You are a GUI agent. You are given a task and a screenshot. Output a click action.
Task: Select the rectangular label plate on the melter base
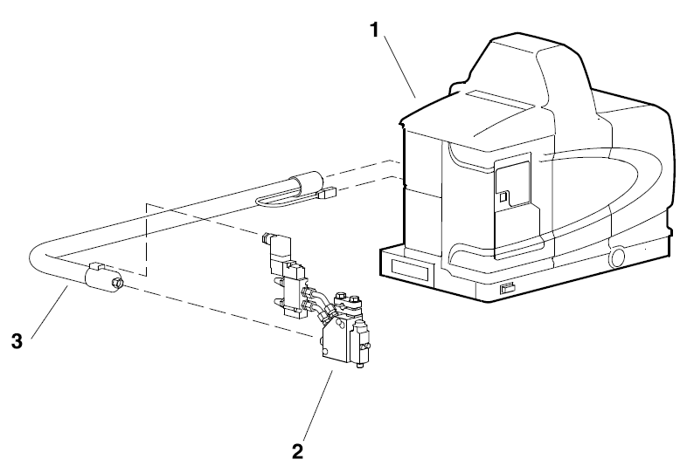tap(408, 265)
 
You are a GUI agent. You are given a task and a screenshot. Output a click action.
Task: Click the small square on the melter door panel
tap(503, 207)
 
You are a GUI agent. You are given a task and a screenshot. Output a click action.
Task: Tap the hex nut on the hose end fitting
tap(116, 283)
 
